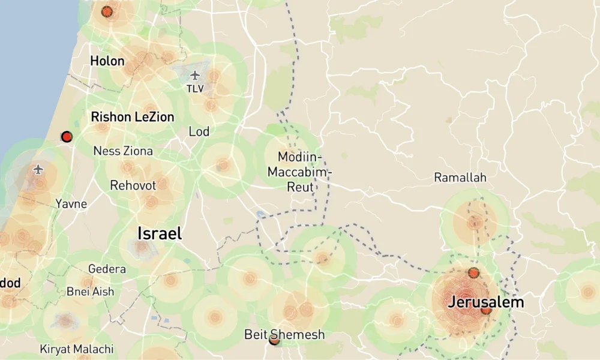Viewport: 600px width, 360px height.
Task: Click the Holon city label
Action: pyautogui.click(x=107, y=61)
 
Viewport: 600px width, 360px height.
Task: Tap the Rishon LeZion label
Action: pyautogui.click(x=133, y=116)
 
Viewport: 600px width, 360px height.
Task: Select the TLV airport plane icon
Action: pyautogui.click(x=195, y=75)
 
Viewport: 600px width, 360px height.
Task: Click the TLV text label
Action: pyautogui.click(x=195, y=89)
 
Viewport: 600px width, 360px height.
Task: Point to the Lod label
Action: pyautogui.click(x=199, y=131)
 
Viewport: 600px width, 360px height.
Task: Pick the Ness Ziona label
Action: pyautogui.click(x=123, y=151)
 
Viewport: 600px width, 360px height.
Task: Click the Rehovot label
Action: pyautogui.click(x=133, y=185)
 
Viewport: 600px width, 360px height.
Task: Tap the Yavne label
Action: pyautogui.click(x=71, y=204)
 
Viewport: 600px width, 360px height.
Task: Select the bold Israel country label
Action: pyautogui.click(x=160, y=233)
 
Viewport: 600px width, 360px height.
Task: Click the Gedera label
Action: pyautogui.click(x=107, y=269)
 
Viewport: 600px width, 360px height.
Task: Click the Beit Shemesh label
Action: pyautogui.click(x=284, y=334)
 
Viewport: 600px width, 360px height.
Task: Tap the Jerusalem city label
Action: pyautogui.click(x=485, y=302)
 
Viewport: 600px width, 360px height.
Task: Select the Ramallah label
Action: pyautogui.click(x=460, y=178)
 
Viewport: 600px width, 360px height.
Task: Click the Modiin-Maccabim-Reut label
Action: pyautogui.click(x=300, y=172)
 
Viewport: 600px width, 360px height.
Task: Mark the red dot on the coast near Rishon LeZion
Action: pyautogui.click(x=67, y=137)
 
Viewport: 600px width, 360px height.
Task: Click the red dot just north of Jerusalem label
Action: pyautogui.click(x=473, y=273)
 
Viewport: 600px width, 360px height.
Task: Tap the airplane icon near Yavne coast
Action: pyautogui.click(x=40, y=169)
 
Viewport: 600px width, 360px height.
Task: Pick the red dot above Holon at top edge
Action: pyautogui.click(x=107, y=11)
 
